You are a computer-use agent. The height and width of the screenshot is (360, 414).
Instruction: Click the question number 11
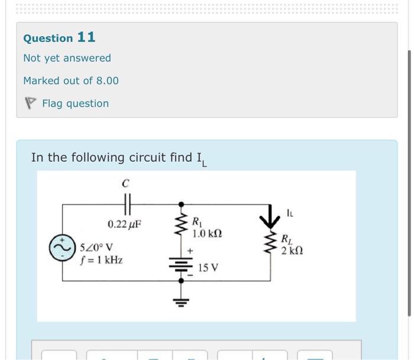click(86, 37)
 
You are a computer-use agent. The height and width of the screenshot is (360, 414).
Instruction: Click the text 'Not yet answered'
click(67, 58)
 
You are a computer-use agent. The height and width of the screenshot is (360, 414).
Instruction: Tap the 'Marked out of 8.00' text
click(71, 81)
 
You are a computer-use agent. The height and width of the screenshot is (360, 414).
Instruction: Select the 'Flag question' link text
click(75, 104)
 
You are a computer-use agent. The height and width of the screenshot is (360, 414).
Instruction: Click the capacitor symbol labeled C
click(126, 205)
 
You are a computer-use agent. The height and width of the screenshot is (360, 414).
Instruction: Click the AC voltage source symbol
click(63, 248)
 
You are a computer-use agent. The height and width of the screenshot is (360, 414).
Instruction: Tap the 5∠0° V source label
click(98, 247)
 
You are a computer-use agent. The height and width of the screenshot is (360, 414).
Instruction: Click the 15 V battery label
click(208, 268)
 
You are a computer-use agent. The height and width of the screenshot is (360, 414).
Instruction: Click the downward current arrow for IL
click(270, 217)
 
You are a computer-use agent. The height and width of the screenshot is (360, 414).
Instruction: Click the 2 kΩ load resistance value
click(292, 252)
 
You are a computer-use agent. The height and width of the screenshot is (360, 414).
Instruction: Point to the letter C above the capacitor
click(125, 184)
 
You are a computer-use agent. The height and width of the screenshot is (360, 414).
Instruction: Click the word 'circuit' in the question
click(151, 157)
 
